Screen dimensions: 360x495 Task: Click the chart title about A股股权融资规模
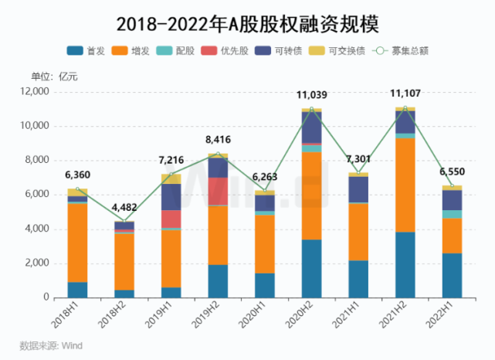click(247, 22)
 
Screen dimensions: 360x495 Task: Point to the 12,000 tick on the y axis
click(36, 92)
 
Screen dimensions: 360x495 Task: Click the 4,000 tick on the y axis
click(39, 229)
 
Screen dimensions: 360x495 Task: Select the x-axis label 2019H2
click(218, 311)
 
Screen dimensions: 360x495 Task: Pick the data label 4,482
click(124, 207)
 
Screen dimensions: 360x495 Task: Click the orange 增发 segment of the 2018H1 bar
click(77, 243)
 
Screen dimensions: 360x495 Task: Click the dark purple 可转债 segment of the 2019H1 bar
click(171, 196)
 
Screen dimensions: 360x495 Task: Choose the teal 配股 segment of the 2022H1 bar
click(453, 214)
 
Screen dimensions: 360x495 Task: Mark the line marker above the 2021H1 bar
click(359, 172)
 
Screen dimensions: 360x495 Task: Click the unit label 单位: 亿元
click(54, 76)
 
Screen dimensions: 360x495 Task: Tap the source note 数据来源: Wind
click(51, 345)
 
